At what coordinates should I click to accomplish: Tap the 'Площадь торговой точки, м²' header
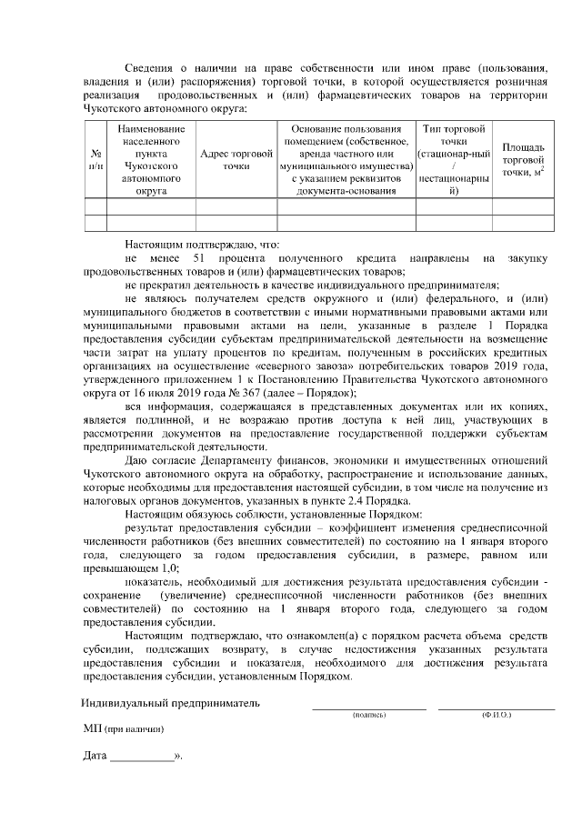[524, 160]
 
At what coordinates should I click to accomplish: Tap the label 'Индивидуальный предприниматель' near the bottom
[170, 703]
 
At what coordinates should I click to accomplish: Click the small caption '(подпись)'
[368, 716]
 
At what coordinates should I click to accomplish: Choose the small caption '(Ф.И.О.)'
[497, 716]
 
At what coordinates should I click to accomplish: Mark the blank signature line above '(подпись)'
[369, 708]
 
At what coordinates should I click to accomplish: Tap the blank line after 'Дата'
[142, 758]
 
